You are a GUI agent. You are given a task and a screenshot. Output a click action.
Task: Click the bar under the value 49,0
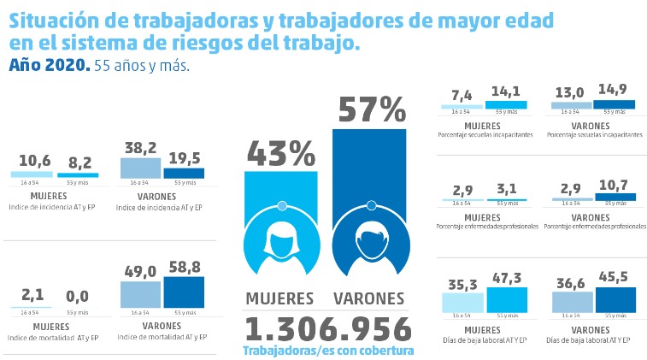(x=140, y=296)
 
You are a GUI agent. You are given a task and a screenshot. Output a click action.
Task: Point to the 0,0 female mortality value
(x=77, y=296)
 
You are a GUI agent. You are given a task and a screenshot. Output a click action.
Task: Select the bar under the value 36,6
(x=573, y=302)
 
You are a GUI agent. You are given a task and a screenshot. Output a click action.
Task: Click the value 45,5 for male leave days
(x=615, y=276)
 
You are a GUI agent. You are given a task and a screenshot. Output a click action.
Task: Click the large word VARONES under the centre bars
(x=368, y=298)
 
